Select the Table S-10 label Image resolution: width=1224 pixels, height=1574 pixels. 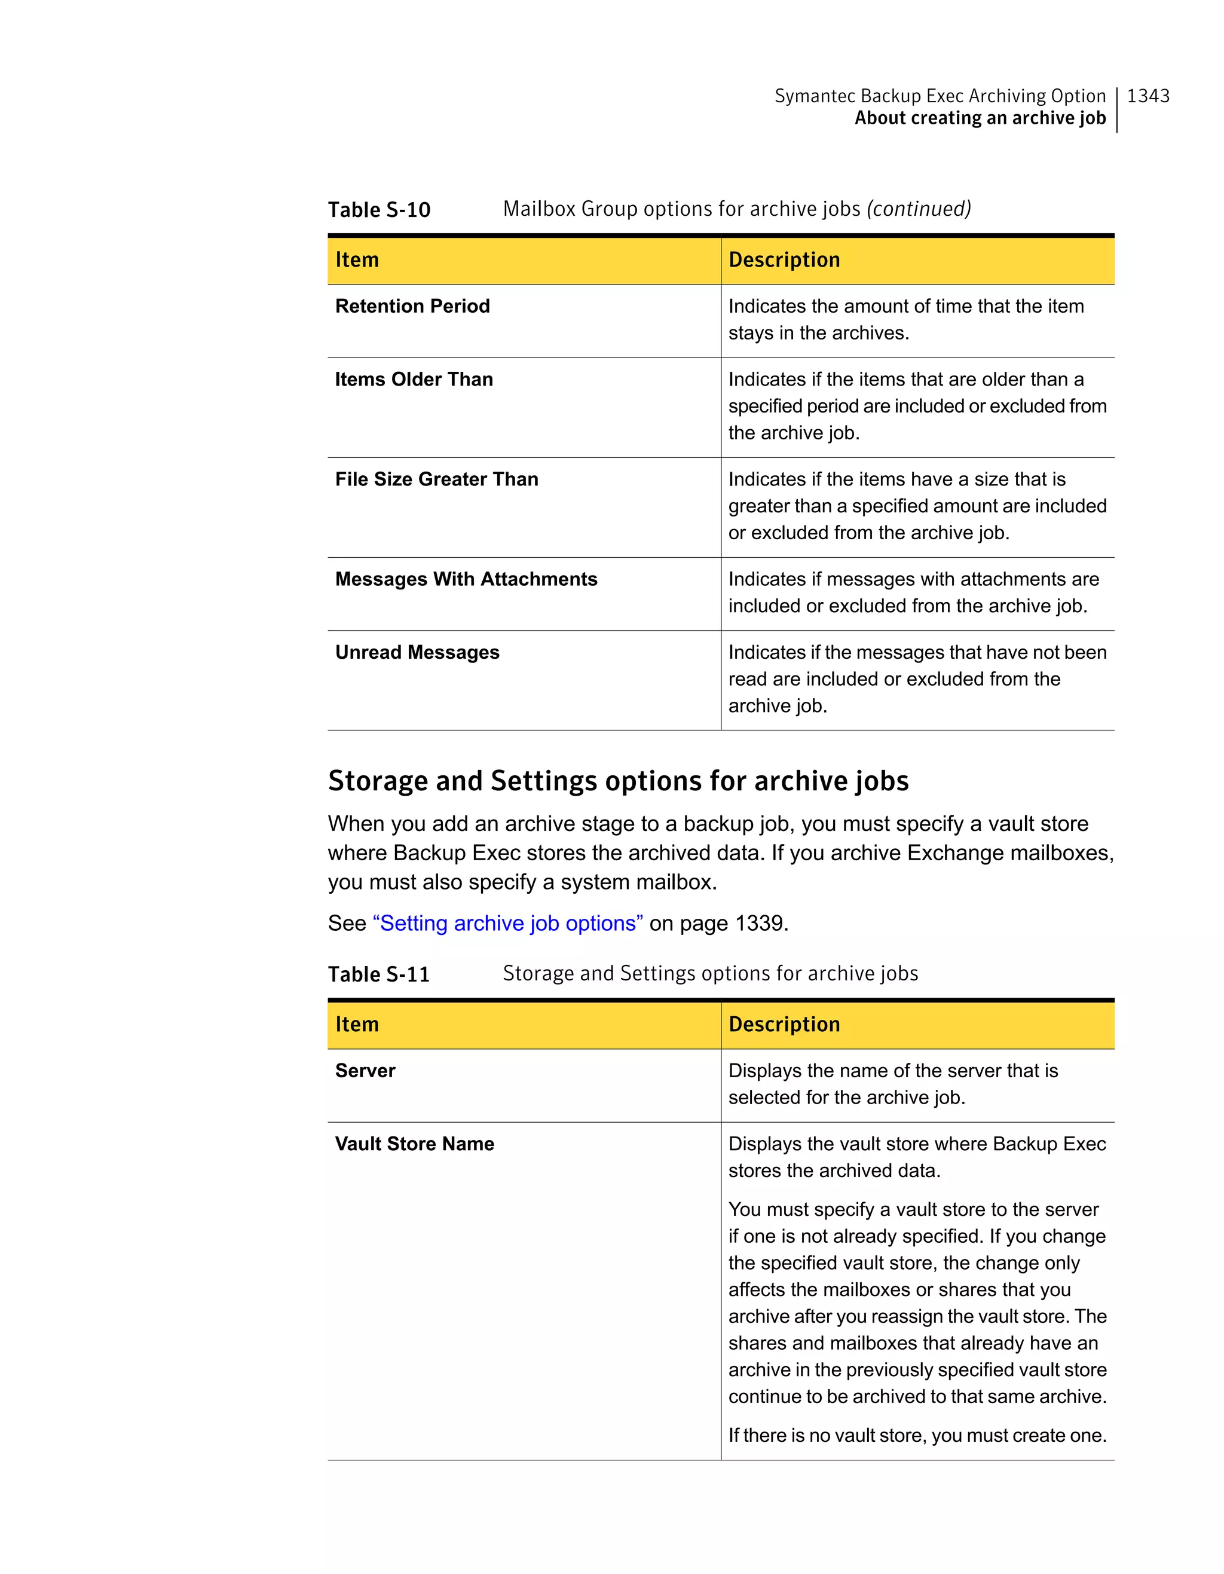pyautogui.click(x=379, y=210)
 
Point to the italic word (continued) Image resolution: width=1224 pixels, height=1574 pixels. pyautogui.click(x=919, y=209)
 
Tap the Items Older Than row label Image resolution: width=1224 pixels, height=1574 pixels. pyautogui.click(x=414, y=379)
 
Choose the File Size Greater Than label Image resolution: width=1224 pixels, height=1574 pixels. pyautogui.click(x=436, y=479)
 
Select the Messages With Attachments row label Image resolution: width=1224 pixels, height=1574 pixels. pyautogui.click(x=466, y=579)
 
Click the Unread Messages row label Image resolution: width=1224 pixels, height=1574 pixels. pyautogui.click(x=417, y=652)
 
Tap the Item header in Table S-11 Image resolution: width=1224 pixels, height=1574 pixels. pyautogui.click(x=357, y=1024)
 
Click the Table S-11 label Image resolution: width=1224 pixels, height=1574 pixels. pyautogui.click(x=379, y=974)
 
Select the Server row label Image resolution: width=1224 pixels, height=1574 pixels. pyautogui.click(x=365, y=1071)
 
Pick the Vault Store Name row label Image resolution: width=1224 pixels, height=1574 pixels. pyautogui.click(x=414, y=1144)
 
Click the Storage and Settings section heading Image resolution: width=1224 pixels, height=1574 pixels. pyautogui.click(x=618, y=781)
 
